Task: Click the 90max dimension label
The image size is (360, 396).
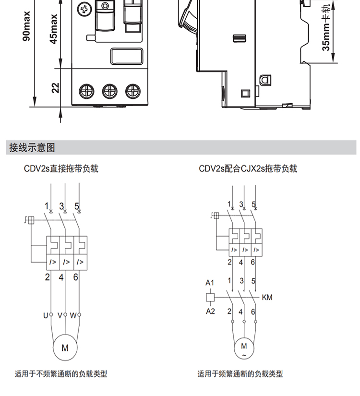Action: (x=26, y=26)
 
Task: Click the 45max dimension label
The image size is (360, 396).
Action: (x=54, y=29)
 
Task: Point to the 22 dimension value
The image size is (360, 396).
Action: (x=55, y=88)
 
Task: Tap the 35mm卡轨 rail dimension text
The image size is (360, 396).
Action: (x=326, y=27)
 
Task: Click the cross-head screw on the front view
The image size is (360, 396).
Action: (x=84, y=10)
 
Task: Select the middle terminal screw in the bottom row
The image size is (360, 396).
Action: (x=109, y=91)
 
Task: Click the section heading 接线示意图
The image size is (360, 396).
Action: (x=32, y=147)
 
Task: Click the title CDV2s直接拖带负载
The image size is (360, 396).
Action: (x=61, y=168)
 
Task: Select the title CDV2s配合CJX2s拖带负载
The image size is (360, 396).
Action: (x=248, y=168)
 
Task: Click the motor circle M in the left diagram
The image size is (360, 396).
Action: (x=65, y=348)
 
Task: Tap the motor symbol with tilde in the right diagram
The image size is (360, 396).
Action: (x=244, y=348)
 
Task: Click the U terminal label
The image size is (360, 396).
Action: (x=46, y=315)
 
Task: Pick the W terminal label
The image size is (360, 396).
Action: (x=73, y=315)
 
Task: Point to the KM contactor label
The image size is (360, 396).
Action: (x=267, y=297)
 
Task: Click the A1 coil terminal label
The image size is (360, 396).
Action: (x=210, y=283)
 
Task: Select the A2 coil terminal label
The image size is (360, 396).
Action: (x=210, y=311)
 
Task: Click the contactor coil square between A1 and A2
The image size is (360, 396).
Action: (x=210, y=297)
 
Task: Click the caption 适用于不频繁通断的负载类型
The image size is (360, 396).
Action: (x=61, y=374)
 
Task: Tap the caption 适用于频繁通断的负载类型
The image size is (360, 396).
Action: (x=240, y=374)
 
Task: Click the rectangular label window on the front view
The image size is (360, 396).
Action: (x=127, y=56)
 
